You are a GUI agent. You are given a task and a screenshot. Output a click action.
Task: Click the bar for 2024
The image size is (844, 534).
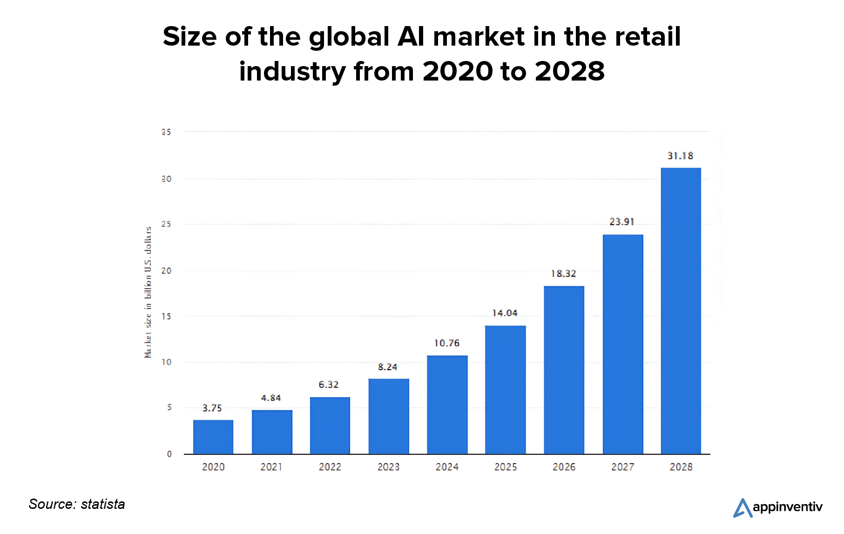[447, 405]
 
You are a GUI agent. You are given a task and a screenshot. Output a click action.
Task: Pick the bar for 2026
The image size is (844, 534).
[564, 370]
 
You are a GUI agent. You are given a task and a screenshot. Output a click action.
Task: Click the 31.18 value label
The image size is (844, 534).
[680, 156]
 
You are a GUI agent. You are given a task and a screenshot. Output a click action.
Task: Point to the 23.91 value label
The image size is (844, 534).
[622, 222]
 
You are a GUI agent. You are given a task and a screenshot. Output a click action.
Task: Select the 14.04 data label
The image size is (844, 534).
[505, 313]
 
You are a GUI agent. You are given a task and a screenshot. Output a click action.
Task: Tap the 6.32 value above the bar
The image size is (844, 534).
[329, 385]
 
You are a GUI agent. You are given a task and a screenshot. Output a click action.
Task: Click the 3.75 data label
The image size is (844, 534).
[212, 408]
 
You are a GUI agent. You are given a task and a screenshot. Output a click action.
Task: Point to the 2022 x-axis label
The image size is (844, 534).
[330, 467]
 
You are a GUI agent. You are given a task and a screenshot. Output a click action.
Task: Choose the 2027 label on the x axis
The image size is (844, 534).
[622, 467]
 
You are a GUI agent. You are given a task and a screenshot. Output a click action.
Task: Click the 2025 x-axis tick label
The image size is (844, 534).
[506, 467]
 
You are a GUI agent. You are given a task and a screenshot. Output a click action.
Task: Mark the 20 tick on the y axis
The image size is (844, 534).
[166, 271]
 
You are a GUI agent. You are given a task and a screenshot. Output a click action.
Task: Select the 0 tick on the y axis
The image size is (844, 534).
[169, 454]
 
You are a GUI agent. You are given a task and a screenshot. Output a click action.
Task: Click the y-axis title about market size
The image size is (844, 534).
[148, 292]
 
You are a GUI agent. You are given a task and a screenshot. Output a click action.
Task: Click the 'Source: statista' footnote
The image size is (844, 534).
[77, 504]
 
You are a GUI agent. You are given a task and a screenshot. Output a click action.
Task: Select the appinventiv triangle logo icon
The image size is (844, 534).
[743, 508]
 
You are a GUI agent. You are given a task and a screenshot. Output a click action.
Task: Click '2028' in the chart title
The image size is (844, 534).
[569, 72]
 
